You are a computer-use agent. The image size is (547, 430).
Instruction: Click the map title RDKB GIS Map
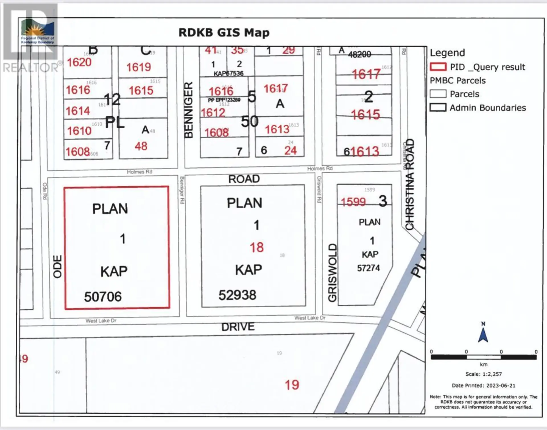click(x=224, y=33)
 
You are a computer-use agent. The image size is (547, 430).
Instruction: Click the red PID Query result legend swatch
click(x=438, y=67)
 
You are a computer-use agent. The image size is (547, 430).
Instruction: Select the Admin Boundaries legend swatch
click(x=438, y=108)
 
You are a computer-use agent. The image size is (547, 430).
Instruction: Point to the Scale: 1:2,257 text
click(x=483, y=374)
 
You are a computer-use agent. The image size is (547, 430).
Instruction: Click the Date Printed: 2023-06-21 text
click(x=483, y=386)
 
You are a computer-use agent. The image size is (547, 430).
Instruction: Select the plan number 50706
click(x=103, y=297)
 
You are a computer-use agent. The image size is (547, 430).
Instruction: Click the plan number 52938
click(x=237, y=295)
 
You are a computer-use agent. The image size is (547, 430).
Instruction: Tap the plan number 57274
click(x=368, y=268)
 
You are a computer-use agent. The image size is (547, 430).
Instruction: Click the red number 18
click(x=257, y=247)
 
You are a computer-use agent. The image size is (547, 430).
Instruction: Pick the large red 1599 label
click(x=353, y=202)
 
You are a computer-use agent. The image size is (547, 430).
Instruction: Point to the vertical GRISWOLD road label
click(x=332, y=272)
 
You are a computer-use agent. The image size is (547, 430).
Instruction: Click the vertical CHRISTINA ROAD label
click(x=409, y=184)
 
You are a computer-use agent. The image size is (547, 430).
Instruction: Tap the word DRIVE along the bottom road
click(x=238, y=327)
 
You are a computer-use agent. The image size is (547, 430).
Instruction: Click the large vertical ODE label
click(x=58, y=266)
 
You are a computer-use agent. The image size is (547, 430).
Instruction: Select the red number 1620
click(x=79, y=62)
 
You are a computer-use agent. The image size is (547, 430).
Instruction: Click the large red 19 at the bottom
click(x=292, y=385)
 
